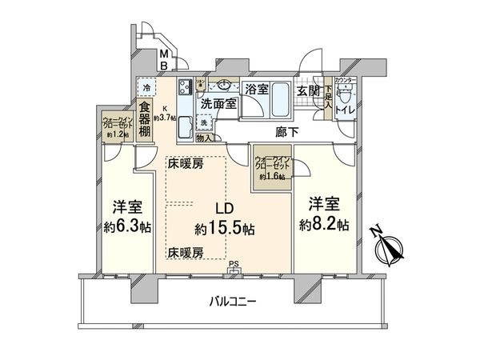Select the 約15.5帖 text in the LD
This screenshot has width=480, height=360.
[x=225, y=229]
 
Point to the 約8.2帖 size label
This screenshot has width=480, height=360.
[x=324, y=226]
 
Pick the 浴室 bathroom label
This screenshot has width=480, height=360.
[x=257, y=88]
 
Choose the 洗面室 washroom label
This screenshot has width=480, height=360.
[x=218, y=104]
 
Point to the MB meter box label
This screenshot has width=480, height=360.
[x=162, y=60]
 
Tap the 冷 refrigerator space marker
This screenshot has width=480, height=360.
[x=146, y=86]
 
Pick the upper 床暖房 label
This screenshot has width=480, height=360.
[x=185, y=163]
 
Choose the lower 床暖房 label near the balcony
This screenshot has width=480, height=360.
[x=185, y=253]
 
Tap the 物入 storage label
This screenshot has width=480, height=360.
[x=203, y=138]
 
